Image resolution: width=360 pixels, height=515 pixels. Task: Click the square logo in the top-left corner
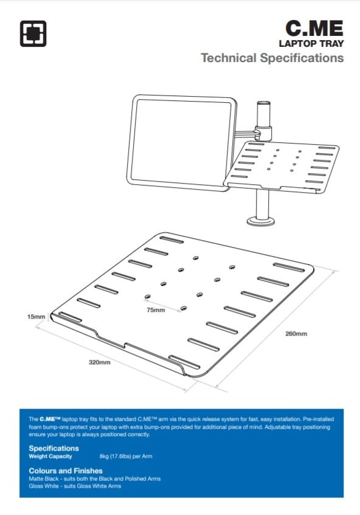(x=33, y=33)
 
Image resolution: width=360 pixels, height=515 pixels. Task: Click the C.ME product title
(x=314, y=28)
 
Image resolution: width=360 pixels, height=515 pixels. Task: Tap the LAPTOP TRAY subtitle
(x=311, y=44)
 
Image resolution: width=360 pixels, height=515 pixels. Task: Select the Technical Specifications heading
(x=272, y=58)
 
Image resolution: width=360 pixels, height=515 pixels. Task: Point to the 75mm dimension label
(x=156, y=310)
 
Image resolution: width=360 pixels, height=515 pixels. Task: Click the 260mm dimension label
(x=297, y=334)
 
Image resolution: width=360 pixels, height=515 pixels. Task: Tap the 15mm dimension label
(x=36, y=317)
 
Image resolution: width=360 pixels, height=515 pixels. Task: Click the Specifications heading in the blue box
(x=54, y=448)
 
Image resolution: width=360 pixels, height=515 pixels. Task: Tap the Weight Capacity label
(x=50, y=456)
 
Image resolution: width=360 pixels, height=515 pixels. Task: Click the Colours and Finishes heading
(x=66, y=471)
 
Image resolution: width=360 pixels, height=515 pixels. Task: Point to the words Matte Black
(x=42, y=479)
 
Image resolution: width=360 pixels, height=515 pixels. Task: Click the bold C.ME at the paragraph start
(x=49, y=420)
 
